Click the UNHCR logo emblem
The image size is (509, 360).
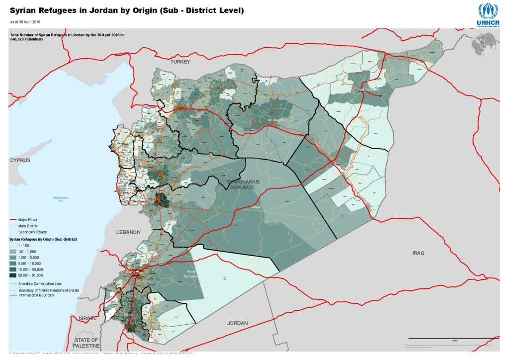[488, 11]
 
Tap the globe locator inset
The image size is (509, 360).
[485, 44]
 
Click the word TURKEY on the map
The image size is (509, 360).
[180, 62]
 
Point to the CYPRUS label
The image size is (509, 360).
[20, 160]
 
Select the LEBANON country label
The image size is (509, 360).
[129, 232]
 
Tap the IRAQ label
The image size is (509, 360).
[418, 253]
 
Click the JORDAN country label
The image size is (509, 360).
[237, 323]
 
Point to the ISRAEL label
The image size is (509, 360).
[87, 318]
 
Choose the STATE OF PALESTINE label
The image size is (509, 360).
[86, 343]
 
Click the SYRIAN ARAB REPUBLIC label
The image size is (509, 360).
[243, 185]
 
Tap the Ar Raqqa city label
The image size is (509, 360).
[275, 120]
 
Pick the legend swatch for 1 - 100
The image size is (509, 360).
[13, 246]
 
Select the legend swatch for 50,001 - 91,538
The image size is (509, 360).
[13, 275]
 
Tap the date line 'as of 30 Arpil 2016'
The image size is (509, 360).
[25, 22]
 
